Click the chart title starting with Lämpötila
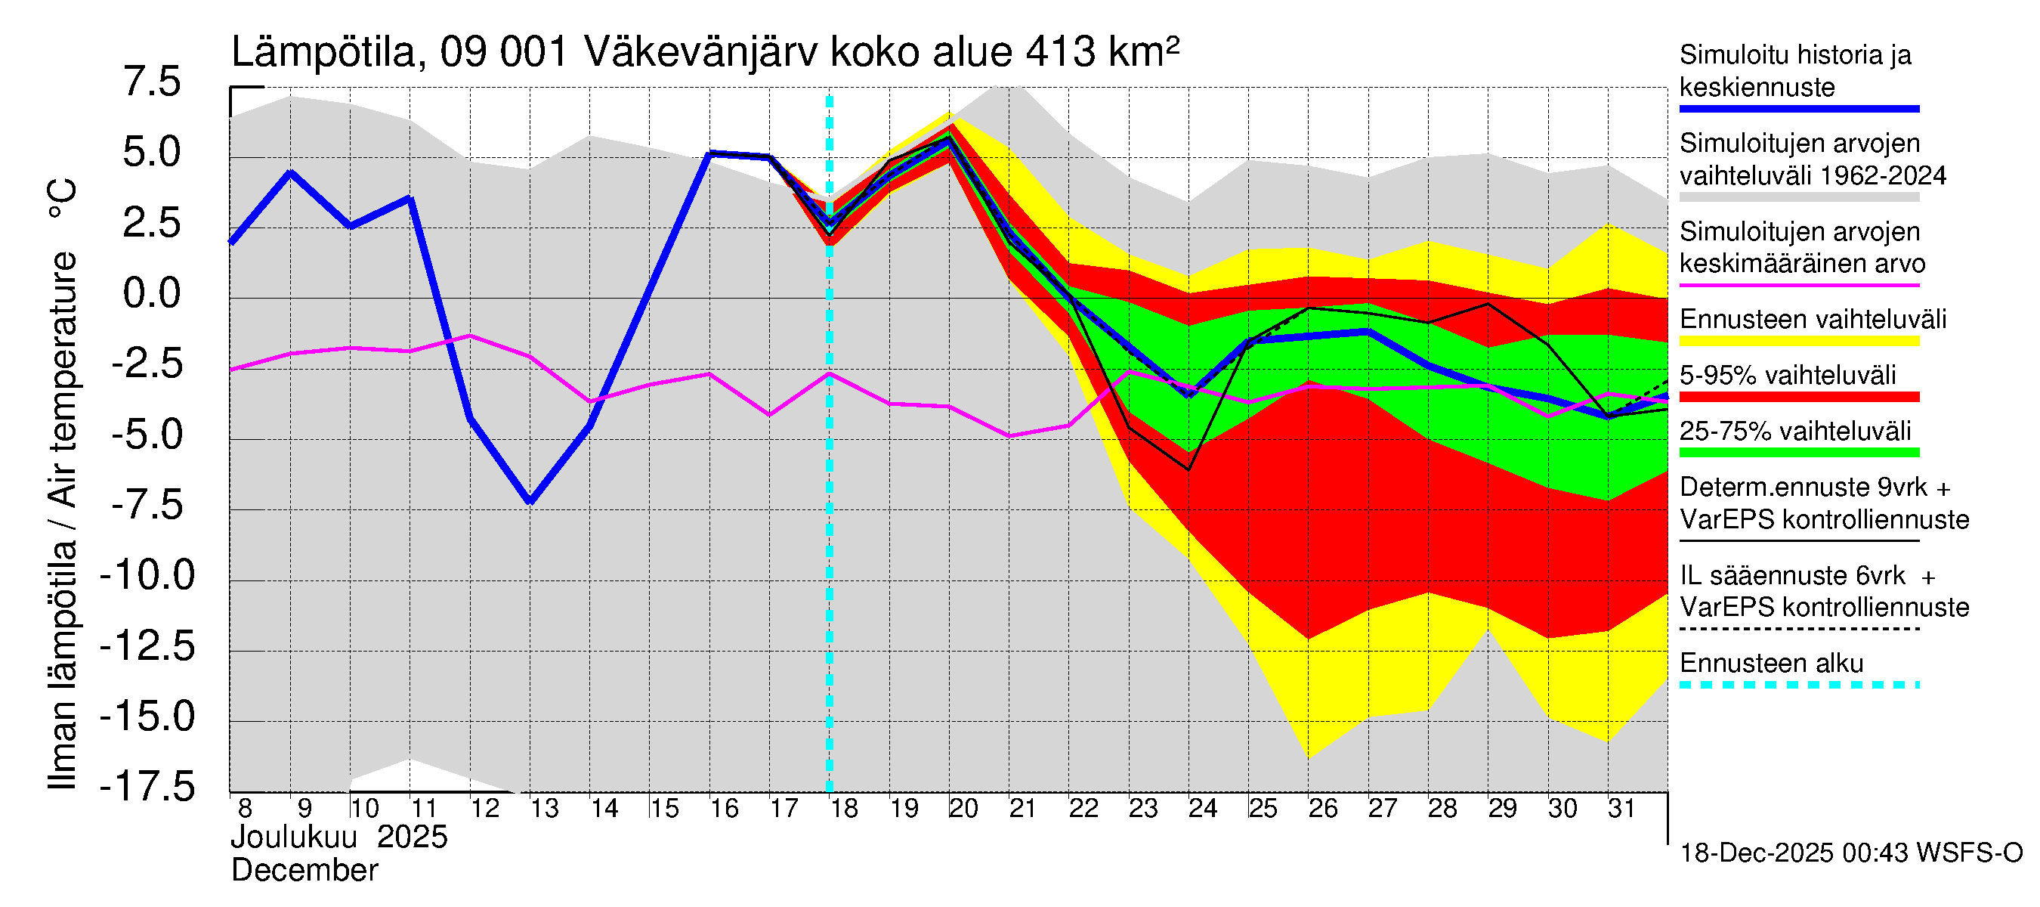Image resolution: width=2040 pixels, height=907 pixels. pyautogui.click(x=705, y=52)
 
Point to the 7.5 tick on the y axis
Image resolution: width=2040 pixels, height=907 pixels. pyautogui.click(x=152, y=82)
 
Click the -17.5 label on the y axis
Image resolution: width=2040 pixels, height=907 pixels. pyautogui.click(x=147, y=787)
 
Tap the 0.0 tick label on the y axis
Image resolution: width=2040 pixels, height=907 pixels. pyautogui.click(x=152, y=294)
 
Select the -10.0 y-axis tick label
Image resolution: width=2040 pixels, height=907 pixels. pyautogui.click(x=147, y=575)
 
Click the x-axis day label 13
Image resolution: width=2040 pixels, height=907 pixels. pyautogui.click(x=544, y=809)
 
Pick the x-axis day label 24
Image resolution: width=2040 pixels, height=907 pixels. pyautogui.click(x=1202, y=809)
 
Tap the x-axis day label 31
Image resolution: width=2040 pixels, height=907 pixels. pyautogui.click(x=1621, y=809)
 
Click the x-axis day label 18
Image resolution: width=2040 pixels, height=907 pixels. pyautogui.click(x=843, y=809)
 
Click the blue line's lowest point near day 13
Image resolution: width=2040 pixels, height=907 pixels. pyautogui.click(x=530, y=501)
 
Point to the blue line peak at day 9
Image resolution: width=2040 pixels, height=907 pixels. pyautogui.click(x=291, y=172)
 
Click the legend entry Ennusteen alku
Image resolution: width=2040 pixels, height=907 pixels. pyautogui.click(x=1772, y=663)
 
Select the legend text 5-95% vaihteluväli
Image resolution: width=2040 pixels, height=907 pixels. pyautogui.click(x=1788, y=376)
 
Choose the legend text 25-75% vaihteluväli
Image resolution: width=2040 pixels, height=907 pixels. pyautogui.click(x=1794, y=432)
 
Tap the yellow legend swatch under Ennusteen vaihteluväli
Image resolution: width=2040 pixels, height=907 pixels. pyautogui.click(x=1799, y=342)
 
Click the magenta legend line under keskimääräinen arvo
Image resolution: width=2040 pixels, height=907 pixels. pyautogui.click(x=1799, y=285)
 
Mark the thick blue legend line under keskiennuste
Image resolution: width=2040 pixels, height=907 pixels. pyautogui.click(x=1799, y=110)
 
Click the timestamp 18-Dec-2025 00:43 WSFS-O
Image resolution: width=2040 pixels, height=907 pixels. pyautogui.click(x=1850, y=853)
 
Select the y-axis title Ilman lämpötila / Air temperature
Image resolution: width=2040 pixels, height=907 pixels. pyautogui.click(x=63, y=483)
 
